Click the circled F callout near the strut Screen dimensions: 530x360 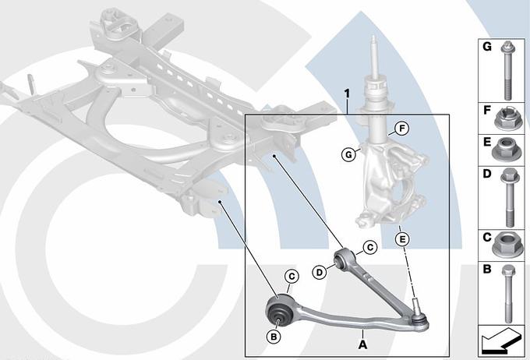pyautogui.click(x=402, y=129)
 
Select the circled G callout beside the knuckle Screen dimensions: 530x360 pyautogui.click(x=348, y=155)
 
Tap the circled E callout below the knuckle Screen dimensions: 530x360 pyautogui.click(x=402, y=240)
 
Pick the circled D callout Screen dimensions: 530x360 pyautogui.click(x=320, y=272)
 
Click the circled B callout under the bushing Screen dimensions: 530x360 pyautogui.click(x=274, y=337)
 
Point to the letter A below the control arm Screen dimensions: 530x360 pyautogui.click(x=362, y=345)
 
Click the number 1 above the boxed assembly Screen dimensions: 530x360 pyautogui.click(x=347, y=94)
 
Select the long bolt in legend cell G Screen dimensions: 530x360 pyautogui.click(x=507, y=70)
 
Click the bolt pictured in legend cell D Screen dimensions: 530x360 pyautogui.click(x=509, y=197)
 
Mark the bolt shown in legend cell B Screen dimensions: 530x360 pyautogui.click(x=508, y=294)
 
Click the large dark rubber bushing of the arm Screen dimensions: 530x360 pyautogui.click(x=280, y=312)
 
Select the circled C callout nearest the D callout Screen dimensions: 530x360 pyautogui.click(x=370, y=248)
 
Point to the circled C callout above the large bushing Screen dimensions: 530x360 pyautogui.click(x=291, y=277)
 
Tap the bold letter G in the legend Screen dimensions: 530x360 pyautogui.click(x=487, y=47)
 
